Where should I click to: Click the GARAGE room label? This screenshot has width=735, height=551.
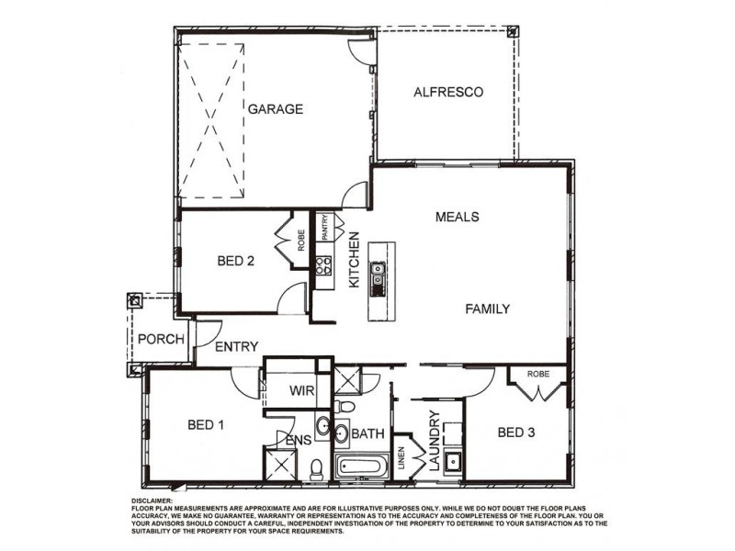[x=275, y=109]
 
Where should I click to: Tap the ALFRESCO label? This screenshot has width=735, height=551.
[x=448, y=92]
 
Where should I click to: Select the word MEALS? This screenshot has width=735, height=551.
[x=458, y=217]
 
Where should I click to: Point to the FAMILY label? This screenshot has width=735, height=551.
[x=486, y=309]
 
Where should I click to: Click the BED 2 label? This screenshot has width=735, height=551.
[x=235, y=261]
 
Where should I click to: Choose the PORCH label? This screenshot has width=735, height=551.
[x=161, y=339]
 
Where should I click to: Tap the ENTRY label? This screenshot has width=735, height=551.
[x=236, y=347]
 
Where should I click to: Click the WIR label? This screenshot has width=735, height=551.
[x=303, y=390]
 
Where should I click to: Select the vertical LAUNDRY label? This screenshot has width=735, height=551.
[x=435, y=438]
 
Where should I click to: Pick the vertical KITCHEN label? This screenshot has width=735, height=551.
[x=354, y=261]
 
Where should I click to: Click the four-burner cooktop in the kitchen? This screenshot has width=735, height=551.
[x=323, y=266]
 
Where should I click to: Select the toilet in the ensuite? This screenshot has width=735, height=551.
[x=315, y=468]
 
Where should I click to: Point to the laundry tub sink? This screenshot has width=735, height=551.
[x=452, y=461]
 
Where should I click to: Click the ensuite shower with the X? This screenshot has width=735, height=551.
[x=279, y=467]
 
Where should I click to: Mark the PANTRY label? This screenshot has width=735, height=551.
[x=324, y=228]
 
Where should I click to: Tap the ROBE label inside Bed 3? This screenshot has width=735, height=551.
[x=537, y=375]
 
